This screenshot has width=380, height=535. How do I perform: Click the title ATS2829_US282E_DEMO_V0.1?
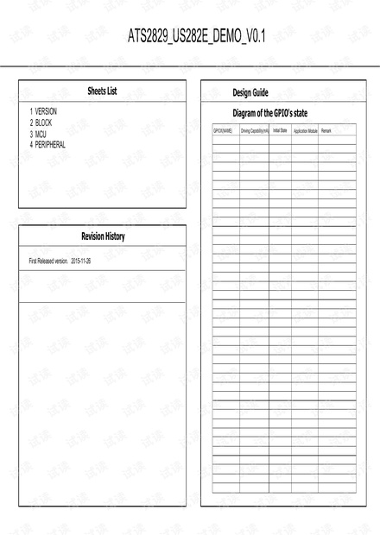tap(197, 35)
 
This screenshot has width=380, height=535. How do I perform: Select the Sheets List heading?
tap(102, 91)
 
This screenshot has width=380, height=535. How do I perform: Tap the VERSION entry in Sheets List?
tap(47, 111)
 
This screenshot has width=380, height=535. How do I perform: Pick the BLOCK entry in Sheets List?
tap(43, 123)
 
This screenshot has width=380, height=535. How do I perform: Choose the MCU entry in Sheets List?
tap(41, 134)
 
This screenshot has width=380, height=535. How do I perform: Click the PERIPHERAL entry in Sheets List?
tap(50, 145)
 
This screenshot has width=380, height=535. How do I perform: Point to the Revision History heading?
tap(102, 236)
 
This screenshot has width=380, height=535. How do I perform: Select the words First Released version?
tap(48, 260)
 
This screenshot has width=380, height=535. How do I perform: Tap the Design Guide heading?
tap(250, 92)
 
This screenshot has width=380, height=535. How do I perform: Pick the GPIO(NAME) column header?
tap(223, 131)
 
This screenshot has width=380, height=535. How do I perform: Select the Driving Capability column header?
tap(255, 131)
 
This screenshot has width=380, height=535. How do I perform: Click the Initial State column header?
tap(280, 131)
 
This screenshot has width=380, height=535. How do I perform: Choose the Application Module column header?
tap(306, 131)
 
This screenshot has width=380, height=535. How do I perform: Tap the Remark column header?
tap(326, 131)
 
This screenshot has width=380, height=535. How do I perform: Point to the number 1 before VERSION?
tap(31, 111)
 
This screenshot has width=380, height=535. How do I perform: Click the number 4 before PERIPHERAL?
tap(31, 145)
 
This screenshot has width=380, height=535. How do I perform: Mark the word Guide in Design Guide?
tap(260, 92)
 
